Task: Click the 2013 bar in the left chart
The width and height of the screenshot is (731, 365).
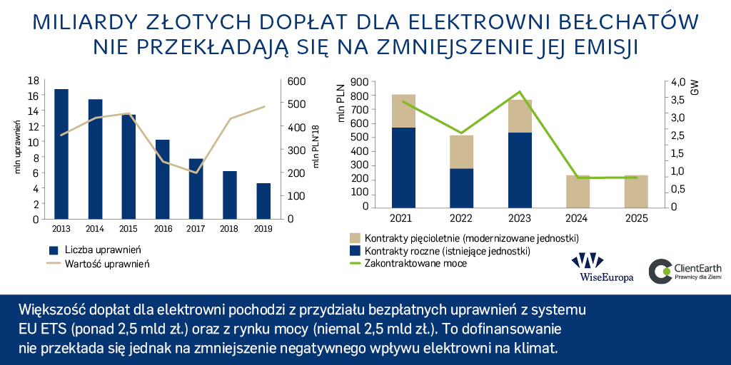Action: pos(61,153)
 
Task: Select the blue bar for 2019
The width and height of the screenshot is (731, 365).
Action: pos(263,200)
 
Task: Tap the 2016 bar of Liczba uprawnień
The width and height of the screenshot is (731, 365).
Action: pos(162,178)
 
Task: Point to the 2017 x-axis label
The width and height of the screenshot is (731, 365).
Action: pos(196,229)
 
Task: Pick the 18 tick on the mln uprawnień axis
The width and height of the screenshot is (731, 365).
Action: pos(32,81)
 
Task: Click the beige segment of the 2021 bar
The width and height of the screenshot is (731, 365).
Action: pos(404,110)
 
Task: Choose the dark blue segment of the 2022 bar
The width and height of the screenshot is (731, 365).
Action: pos(462,187)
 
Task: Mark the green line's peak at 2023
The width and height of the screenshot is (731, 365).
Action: pos(520,92)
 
